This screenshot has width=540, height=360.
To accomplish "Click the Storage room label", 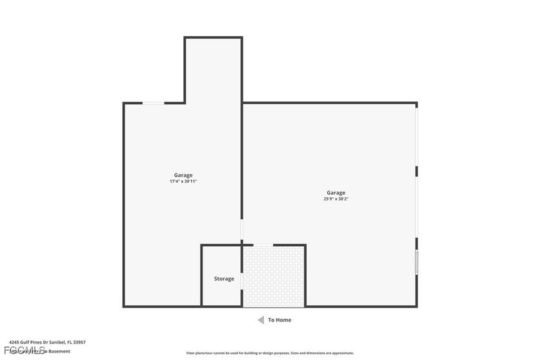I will pos(224,278).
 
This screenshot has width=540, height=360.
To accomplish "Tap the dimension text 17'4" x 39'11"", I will pos(183,181).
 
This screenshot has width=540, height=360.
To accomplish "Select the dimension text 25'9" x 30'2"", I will pos(336,199).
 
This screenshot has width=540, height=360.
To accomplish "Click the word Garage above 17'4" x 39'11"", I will pos(183,175).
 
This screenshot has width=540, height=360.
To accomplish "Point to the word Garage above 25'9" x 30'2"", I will pos(336,192).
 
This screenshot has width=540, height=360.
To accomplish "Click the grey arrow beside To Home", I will pos(260,319).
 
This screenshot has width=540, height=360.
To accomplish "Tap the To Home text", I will pos(280,319).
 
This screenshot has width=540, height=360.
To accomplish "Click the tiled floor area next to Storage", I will pos(273,276).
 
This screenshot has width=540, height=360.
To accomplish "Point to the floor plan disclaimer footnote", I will pos(270,353).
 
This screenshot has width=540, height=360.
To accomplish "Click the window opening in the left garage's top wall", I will pos(153,103).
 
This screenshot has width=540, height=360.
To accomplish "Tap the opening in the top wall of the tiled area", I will pos(257,245).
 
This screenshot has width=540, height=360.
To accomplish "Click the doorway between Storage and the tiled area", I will pos(242,276).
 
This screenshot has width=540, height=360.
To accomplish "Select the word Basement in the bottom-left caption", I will pos(59,351).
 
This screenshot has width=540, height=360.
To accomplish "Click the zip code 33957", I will pos(79,343).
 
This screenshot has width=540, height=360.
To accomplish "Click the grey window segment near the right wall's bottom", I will pos(417,262).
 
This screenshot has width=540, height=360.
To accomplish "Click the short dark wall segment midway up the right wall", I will pos(417,171).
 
